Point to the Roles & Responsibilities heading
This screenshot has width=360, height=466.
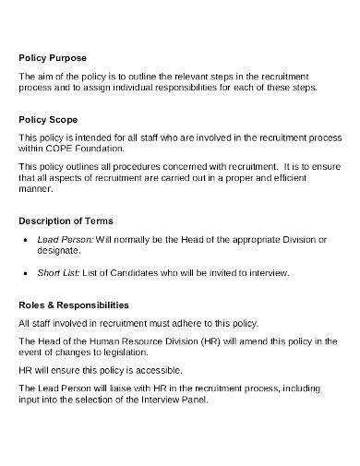click(x=74, y=304)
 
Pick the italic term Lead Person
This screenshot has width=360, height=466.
click(x=61, y=239)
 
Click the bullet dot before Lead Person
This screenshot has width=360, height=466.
click(x=26, y=240)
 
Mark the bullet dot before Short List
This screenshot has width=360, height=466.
click(x=26, y=274)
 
